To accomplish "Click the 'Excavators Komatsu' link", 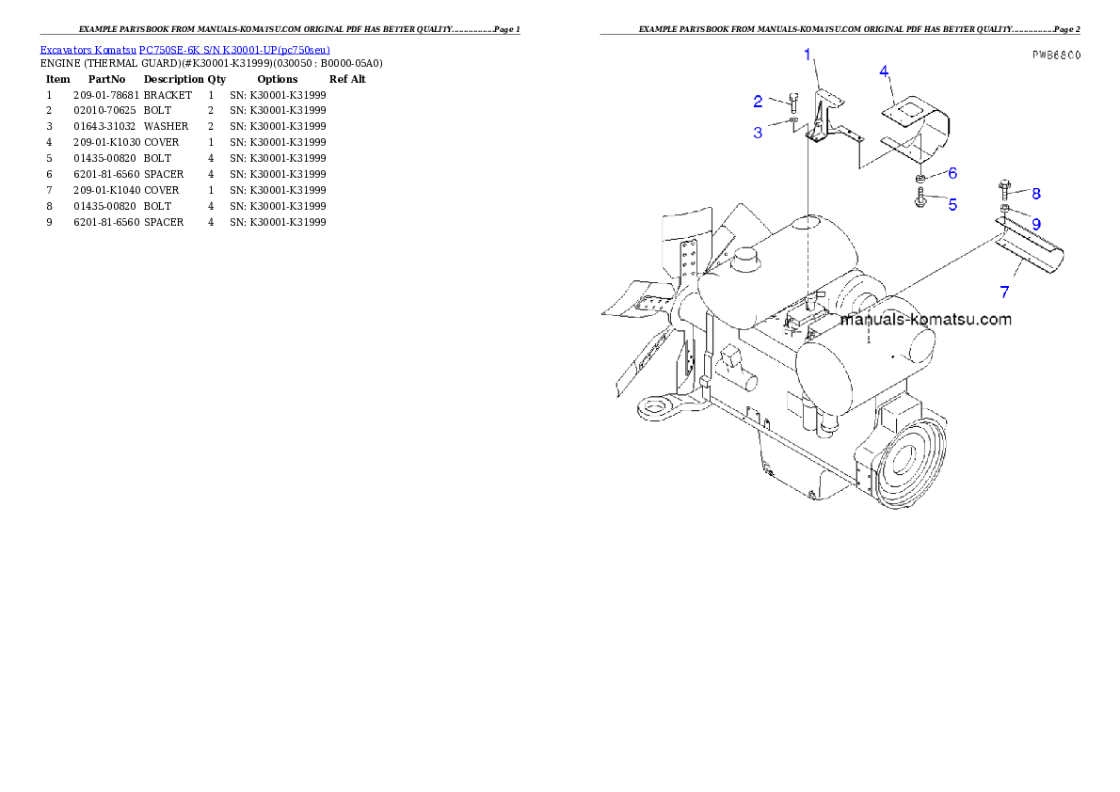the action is [88, 50].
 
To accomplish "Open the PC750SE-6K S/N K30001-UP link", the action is [234, 50].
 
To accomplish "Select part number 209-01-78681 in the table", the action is [106, 95].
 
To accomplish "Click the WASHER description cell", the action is [166, 126].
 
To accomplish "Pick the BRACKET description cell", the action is [168, 95].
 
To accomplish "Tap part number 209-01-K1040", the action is [107, 191].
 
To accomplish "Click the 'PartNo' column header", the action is [106, 79].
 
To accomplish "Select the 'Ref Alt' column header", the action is [347, 79].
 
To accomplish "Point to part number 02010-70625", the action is [104, 111].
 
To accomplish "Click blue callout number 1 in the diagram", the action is [808, 55].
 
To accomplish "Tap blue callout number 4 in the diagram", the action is [884, 71].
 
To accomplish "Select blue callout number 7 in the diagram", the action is [1004, 293].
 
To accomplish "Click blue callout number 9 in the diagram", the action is [1035, 224].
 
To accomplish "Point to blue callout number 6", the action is [952, 173].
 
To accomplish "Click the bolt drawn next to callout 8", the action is [1004, 189].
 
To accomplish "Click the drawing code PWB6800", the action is [1056, 55].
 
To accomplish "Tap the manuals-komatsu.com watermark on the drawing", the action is [926, 319].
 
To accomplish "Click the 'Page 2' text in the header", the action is [1066, 29].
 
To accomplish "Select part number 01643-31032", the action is [104, 126].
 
